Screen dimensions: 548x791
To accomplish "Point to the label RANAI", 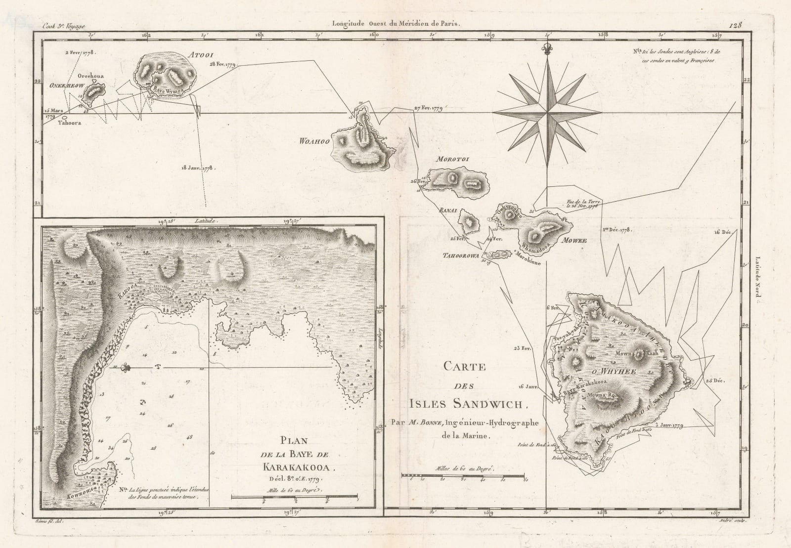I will pyautogui.click(x=447, y=210).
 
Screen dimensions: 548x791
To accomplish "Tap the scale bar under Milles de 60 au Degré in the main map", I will pyautogui.click(x=463, y=475).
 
